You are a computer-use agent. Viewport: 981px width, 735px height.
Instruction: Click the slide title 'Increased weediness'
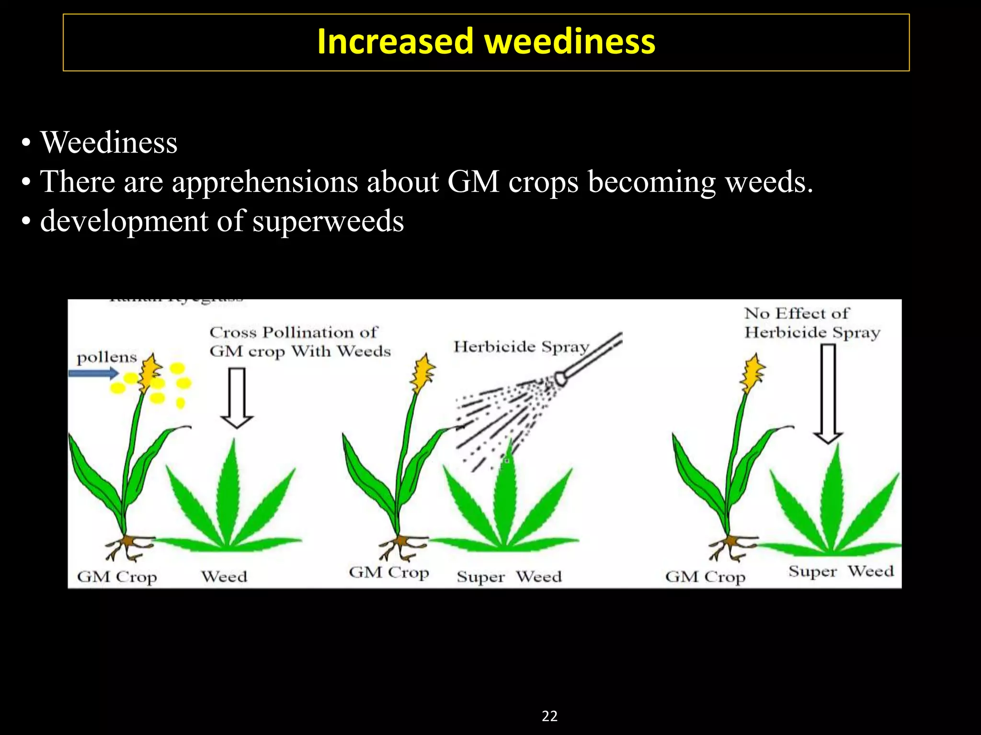tap(486, 42)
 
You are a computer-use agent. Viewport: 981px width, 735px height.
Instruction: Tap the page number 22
tap(549, 716)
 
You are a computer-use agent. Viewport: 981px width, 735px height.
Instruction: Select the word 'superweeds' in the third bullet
tap(328, 221)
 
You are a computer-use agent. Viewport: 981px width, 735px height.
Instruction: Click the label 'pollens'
tap(107, 357)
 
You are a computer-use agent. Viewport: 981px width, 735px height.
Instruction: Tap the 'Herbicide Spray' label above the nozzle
tap(521, 346)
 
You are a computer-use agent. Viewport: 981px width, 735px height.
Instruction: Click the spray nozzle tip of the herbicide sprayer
tap(560, 379)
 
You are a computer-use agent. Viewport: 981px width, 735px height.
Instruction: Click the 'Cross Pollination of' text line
tap(294, 332)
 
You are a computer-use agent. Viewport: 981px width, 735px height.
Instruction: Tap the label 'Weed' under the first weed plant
tap(224, 577)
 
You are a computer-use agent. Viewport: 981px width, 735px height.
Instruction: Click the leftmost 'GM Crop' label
tap(117, 577)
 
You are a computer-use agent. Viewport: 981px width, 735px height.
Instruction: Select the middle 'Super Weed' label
tap(509, 577)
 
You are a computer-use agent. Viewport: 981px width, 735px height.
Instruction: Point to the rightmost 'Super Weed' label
tap(841, 571)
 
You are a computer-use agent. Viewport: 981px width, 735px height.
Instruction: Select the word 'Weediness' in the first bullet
tap(109, 143)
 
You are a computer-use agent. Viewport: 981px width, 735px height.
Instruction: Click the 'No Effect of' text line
tap(797, 313)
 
